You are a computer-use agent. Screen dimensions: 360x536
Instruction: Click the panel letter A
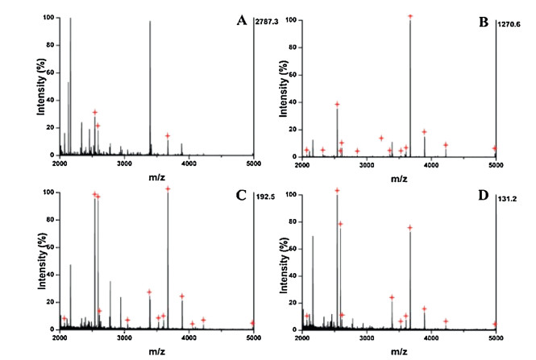[240, 20]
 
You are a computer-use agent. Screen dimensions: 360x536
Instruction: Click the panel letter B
[484, 21]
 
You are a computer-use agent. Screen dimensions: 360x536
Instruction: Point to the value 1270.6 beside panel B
[511, 21]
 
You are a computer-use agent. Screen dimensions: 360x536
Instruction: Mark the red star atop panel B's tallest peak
[410, 16]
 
